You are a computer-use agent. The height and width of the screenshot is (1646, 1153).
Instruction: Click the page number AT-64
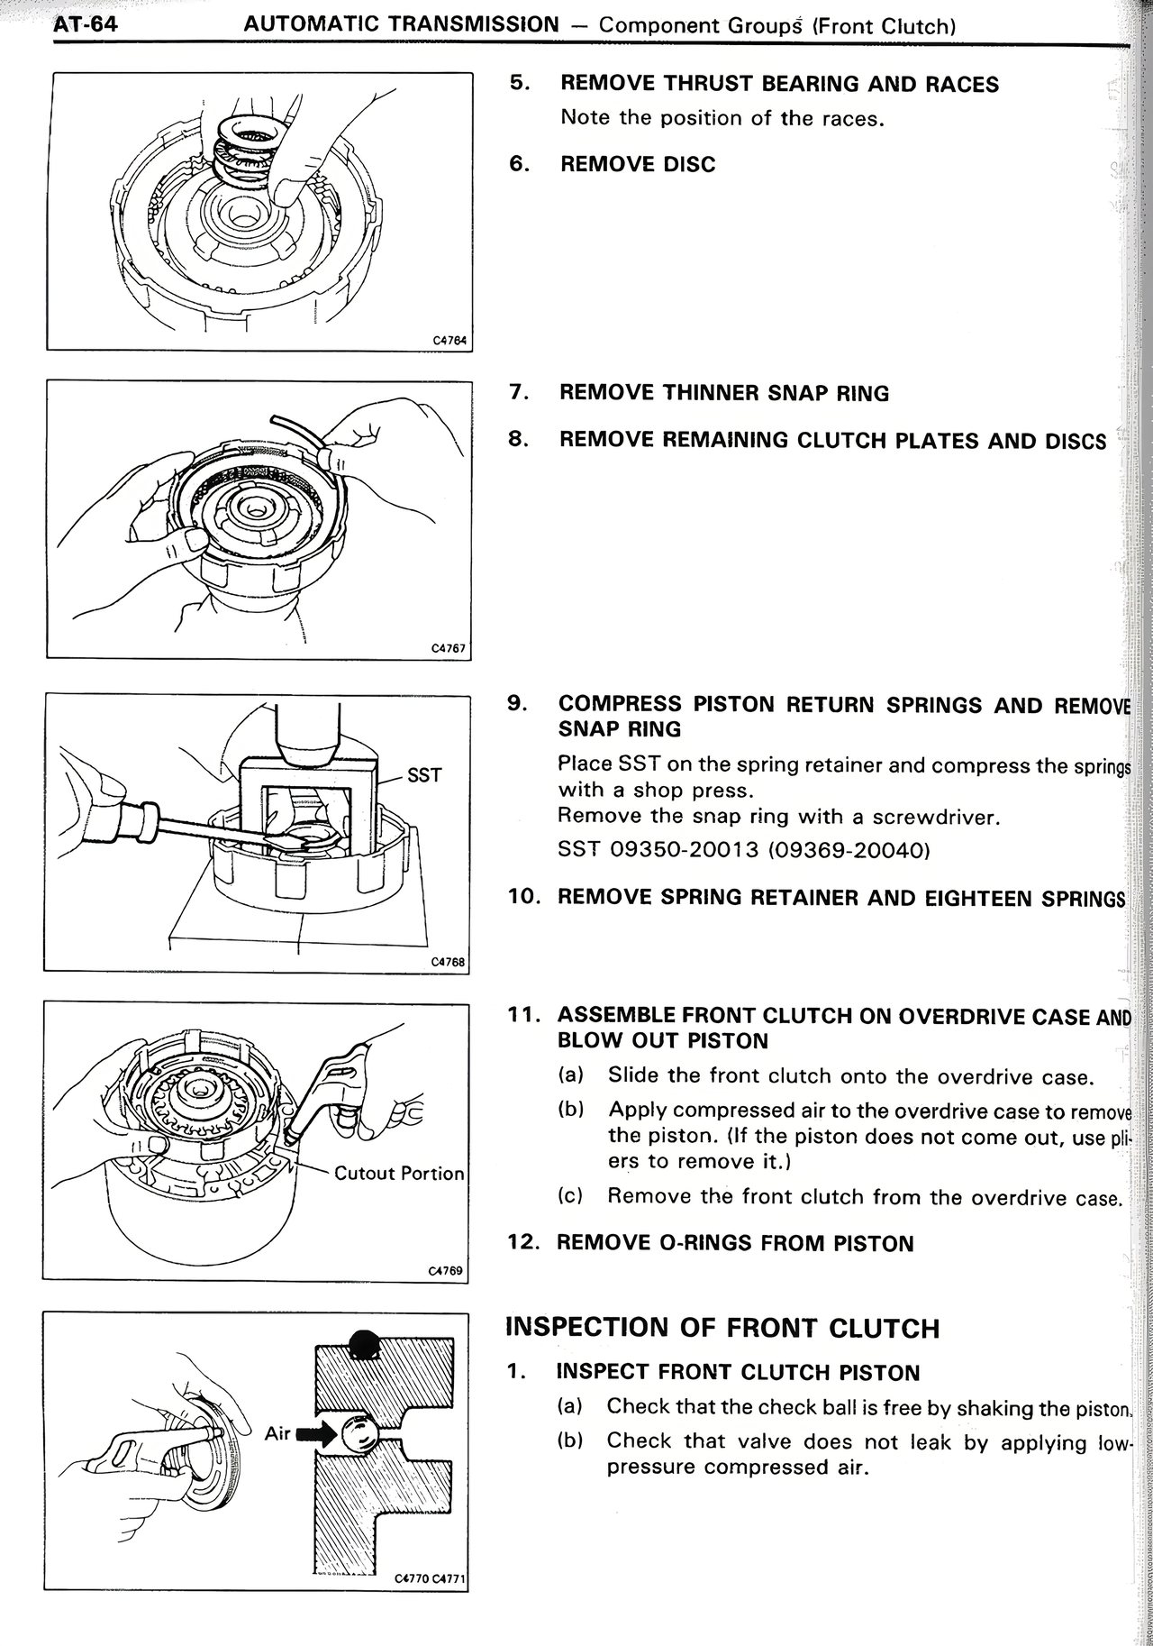(x=85, y=23)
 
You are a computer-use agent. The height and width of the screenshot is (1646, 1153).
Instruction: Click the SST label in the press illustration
(x=424, y=775)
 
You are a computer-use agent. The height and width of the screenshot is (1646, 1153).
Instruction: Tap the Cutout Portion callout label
(x=398, y=1174)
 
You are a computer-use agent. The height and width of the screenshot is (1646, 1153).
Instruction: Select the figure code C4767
(x=448, y=648)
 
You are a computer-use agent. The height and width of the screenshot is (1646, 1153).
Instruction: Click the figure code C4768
(x=448, y=962)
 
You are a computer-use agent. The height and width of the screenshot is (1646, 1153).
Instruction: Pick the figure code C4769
(x=446, y=1270)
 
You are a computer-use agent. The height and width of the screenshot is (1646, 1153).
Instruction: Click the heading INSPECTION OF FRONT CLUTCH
(x=722, y=1328)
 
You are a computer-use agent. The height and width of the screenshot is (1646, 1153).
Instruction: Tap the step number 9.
(x=517, y=703)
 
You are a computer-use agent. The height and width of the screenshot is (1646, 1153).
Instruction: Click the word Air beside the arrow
(x=277, y=1433)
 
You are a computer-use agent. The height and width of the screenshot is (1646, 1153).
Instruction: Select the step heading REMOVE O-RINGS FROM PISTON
(x=734, y=1243)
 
